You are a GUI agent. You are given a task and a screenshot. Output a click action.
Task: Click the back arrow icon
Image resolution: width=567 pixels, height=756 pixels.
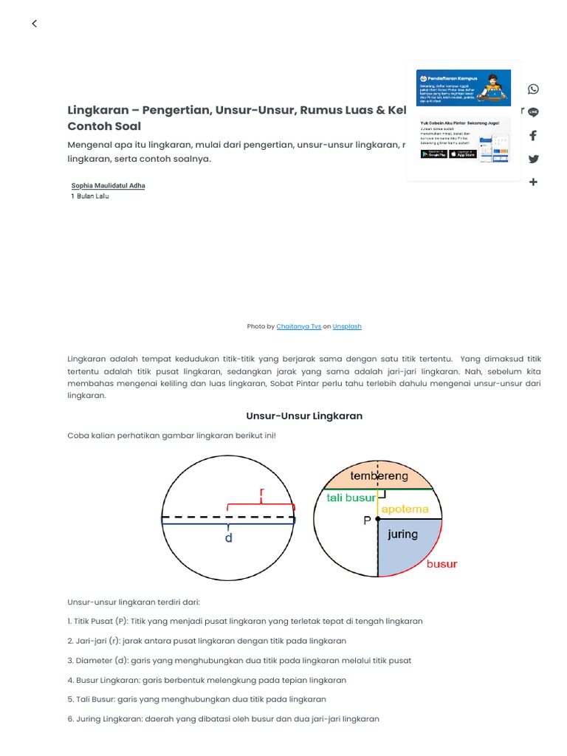pos(34,24)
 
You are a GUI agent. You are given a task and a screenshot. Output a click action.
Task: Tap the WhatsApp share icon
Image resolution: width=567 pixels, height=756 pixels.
pos(533,89)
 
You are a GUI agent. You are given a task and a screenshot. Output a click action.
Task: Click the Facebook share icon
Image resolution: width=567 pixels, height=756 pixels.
pos(533,136)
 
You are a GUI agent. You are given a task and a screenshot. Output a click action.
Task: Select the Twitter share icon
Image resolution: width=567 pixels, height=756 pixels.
pos(533,159)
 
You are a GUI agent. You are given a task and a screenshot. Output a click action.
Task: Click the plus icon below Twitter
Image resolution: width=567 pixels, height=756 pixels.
pos(533,182)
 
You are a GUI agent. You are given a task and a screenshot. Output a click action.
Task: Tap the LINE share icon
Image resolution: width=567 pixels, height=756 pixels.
pos(533,112)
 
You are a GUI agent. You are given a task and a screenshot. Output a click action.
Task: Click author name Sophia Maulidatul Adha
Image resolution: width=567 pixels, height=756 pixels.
pos(108,185)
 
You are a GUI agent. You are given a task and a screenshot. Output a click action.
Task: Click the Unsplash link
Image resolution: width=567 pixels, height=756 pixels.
pos(347,326)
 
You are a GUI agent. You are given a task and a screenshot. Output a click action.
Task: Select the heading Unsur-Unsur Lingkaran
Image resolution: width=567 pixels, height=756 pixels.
pos(304,416)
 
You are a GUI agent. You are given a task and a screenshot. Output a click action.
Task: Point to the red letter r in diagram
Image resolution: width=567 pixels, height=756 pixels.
pos(261,492)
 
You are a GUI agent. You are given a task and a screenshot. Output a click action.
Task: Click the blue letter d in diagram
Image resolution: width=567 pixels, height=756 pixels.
pos(229,538)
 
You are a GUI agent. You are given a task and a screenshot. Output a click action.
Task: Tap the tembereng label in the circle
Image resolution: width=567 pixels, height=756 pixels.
pos(379,476)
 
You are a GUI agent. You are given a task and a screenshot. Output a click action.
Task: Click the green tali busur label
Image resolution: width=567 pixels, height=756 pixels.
pos(351,498)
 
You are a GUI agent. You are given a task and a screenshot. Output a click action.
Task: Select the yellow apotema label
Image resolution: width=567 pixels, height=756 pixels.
pos(405,509)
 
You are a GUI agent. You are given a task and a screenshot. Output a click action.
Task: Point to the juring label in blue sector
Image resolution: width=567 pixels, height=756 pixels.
pos(402,534)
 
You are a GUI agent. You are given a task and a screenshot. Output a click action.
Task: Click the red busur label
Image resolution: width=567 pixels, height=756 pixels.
pos(441,564)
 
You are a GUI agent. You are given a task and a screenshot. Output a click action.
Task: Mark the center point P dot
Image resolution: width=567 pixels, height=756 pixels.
pos(378,520)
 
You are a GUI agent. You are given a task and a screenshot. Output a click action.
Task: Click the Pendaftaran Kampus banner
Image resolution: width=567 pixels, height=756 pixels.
pos(463,88)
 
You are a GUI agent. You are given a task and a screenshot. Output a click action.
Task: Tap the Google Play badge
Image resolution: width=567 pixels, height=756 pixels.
pos(434,154)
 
